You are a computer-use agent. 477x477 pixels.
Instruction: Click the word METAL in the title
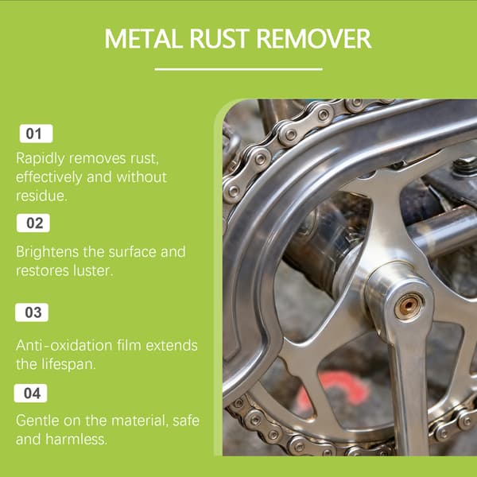click(x=144, y=39)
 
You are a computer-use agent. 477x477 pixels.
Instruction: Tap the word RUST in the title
click(x=219, y=39)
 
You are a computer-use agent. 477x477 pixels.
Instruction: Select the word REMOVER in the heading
click(x=314, y=39)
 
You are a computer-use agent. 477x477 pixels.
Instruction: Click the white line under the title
click(x=238, y=69)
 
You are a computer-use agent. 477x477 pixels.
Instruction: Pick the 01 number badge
click(x=37, y=134)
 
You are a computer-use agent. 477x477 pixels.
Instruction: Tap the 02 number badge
click(x=33, y=223)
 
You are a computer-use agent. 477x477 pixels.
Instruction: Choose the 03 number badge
click(x=32, y=312)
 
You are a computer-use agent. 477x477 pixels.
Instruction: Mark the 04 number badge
click(x=30, y=393)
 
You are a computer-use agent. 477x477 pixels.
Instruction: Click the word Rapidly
click(x=41, y=159)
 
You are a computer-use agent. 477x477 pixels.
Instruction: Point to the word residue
click(x=41, y=196)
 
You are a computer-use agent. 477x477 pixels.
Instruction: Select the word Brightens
click(x=47, y=253)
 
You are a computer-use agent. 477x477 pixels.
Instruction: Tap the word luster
click(x=93, y=271)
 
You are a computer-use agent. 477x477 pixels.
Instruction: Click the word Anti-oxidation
click(x=64, y=346)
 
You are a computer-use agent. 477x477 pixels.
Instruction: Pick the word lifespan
click(x=68, y=365)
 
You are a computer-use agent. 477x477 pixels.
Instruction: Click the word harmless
click(x=76, y=440)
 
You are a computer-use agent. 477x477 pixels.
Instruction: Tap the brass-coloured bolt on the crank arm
click(x=409, y=304)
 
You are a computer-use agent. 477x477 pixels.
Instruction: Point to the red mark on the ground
click(x=333, y=390)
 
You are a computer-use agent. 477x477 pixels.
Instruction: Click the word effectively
click(x=49, y=177)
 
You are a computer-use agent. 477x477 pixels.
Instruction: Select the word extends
click(x=172, y=346)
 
